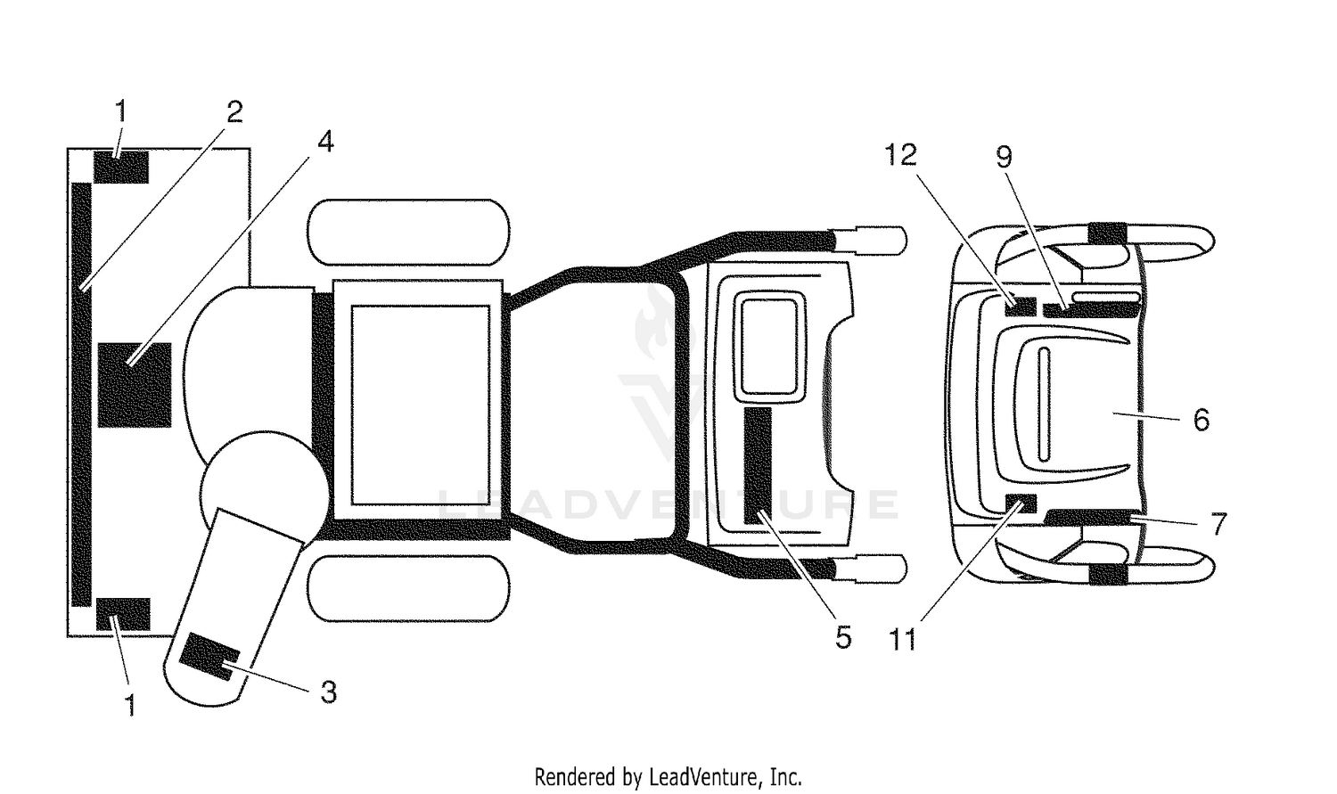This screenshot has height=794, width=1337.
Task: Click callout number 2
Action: click(234, 111)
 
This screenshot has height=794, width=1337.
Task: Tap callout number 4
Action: click(325, 142)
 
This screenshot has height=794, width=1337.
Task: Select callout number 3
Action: click(328, 692)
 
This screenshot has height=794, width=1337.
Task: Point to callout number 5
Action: click(843, 638)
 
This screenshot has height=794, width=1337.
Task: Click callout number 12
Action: click(900, 155)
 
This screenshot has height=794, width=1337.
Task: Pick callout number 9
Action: click(1004, 157)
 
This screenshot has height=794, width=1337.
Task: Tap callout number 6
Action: click(1201, 420)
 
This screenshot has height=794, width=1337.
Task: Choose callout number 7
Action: click(1218, 524)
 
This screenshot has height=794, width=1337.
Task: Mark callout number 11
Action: click(902, 640)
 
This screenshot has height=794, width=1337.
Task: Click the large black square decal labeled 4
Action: click(135, 385)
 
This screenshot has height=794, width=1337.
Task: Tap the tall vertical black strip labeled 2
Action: click(81, 394)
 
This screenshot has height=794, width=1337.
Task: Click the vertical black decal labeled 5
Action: click(758, 466)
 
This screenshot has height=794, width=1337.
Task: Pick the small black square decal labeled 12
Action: click(1020, 306)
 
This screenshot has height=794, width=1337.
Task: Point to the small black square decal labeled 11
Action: click(1021, 504)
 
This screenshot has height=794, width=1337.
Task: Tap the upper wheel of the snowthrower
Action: click(408, 232)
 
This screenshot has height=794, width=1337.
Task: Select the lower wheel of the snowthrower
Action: click(408, 589)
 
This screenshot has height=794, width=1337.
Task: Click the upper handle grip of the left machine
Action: click(871, 241)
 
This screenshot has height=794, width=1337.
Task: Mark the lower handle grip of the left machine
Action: click(871, 569)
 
